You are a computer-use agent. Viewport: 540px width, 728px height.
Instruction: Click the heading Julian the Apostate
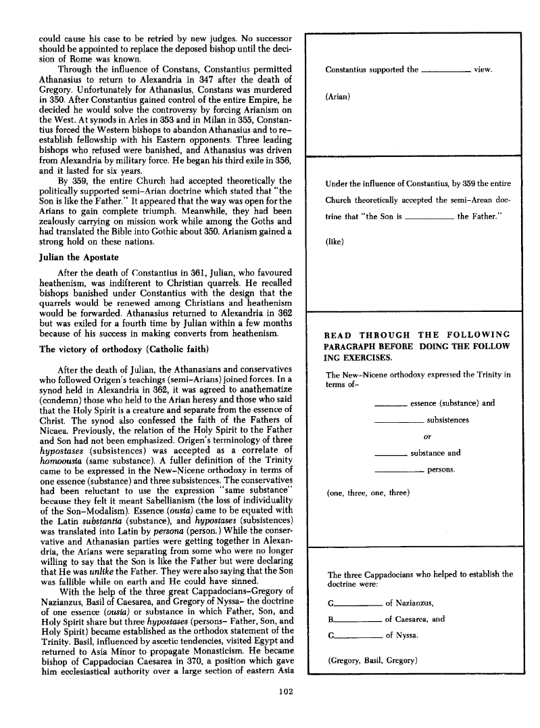[80, 257]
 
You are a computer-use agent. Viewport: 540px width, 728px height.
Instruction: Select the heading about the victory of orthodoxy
[128, 349]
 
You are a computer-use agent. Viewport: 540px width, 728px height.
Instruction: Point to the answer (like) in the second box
[335, 240]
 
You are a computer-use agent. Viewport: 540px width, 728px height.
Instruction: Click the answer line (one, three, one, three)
[368, 493]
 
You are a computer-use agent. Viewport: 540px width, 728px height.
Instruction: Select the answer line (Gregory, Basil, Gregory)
[370, 660]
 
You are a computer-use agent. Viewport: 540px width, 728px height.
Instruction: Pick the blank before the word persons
[399, 470]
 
